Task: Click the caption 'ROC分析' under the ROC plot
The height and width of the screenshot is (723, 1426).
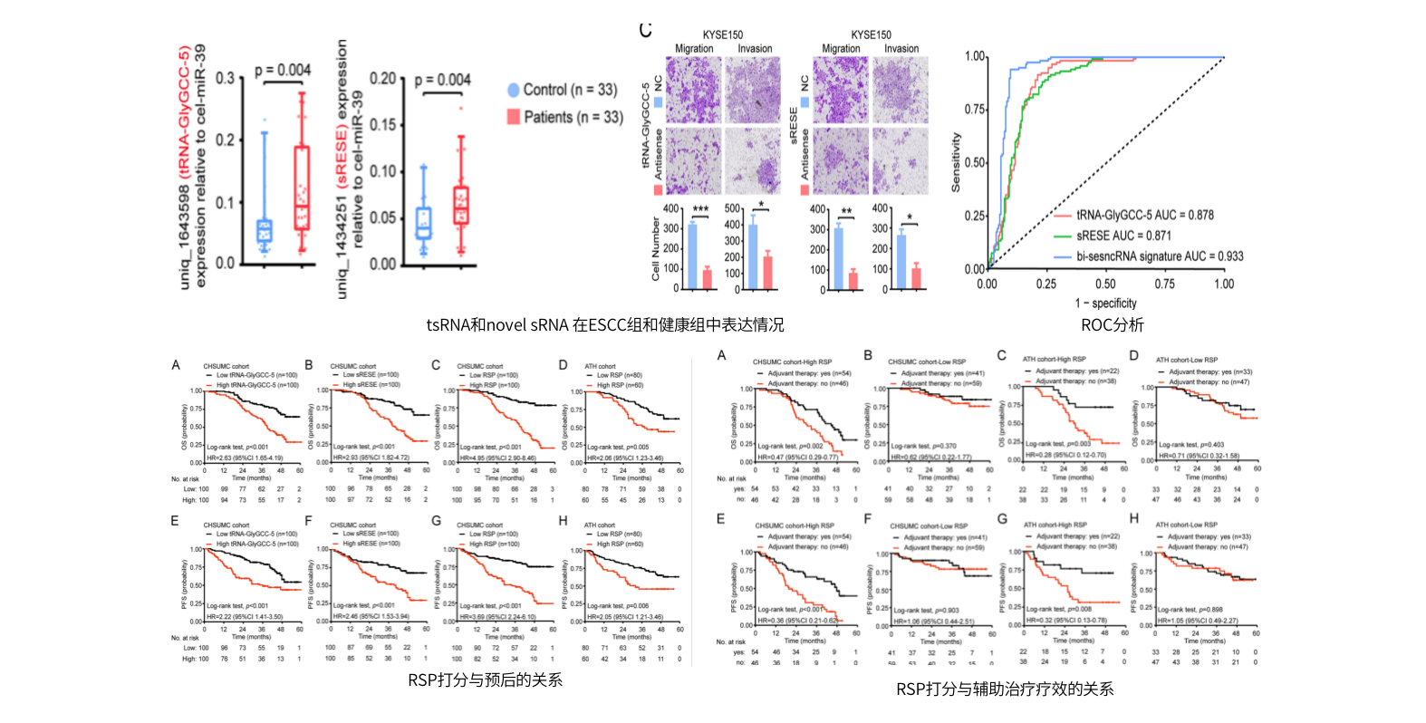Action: [x=1112, y=325]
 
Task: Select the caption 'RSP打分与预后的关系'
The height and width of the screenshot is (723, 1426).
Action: [x=485, y=680]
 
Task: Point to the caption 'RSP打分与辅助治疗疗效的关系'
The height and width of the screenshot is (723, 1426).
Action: [x=1005, y=689]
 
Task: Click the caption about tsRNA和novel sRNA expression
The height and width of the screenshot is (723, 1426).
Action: [x=605, y=325]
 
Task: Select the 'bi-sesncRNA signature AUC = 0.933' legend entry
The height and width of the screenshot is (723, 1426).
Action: [x=1160, y=256]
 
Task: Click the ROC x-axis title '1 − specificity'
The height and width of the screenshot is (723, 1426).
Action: [x=1105, y=304]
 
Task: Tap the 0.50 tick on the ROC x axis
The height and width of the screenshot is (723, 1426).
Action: [x=1105, y=284]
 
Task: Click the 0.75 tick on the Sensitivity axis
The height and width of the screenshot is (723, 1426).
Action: [x=975, y=110]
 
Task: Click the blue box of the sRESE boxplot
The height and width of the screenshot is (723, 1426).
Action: [x=423, y=222]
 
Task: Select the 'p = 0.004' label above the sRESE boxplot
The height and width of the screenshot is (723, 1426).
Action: [x=442, y=80]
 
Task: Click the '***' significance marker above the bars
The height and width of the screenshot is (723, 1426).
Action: [x=700, y=209]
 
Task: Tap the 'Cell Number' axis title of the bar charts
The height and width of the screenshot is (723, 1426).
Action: [x=656, y=247]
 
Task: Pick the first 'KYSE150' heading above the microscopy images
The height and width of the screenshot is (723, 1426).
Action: [x=722, y=34]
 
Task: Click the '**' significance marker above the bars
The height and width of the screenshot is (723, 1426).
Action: [x=846, y=211]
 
